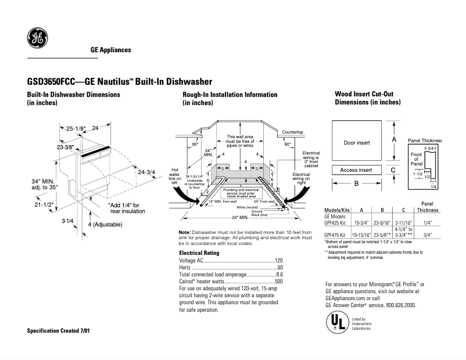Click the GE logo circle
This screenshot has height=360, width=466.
point(37,38)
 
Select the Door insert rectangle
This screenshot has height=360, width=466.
point(356,142)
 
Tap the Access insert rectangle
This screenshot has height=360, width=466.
point(356,170)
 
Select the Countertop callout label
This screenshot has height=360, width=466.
point(293,132)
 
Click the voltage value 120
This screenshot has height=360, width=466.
point(278,261)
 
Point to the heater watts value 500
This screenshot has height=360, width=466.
point(278,281)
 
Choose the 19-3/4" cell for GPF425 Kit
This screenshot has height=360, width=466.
point(362,222)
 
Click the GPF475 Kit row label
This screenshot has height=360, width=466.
point(336,235)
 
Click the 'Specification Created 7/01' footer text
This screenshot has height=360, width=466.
point(58,330)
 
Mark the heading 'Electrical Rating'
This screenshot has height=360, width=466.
point(199,253)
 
